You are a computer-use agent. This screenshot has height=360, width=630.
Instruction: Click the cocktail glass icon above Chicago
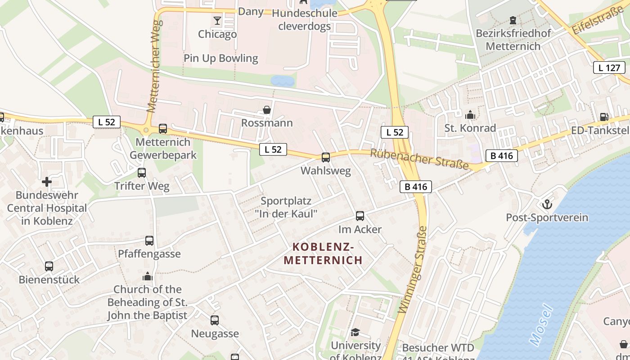[x=217, y=21]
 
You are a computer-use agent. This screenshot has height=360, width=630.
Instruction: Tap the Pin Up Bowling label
[x=220, y=58]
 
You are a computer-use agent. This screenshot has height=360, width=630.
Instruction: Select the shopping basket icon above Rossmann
[x=267, y=110]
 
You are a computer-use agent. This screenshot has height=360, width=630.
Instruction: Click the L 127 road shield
[x=609, y=68]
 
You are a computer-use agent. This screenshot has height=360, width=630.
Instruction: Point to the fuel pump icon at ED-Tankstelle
[x=603, y=117]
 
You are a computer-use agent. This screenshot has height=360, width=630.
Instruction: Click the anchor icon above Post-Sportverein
[x=547, y=204]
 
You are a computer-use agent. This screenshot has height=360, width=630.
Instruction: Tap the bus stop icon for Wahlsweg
[x=325, y=157]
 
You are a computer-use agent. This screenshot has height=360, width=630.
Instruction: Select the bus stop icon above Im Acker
[x=360, y=216]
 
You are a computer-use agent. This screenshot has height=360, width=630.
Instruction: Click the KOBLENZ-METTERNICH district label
[x=323, y=253]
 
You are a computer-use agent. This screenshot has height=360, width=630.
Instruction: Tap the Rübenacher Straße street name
[x=419, y=159]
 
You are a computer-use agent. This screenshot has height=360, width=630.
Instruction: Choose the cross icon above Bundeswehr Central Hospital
[x=47, y=182]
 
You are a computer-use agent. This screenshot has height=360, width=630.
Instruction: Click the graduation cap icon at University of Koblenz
[x=355, y=332]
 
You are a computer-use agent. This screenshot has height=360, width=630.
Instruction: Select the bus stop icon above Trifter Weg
[x=142, y=173]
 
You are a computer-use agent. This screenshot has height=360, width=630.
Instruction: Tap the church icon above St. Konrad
[x=470, y=115]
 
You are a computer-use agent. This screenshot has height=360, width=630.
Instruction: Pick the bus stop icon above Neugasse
[x=215, y=320]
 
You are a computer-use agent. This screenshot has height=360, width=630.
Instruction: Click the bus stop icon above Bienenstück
[x=49, y=266]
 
